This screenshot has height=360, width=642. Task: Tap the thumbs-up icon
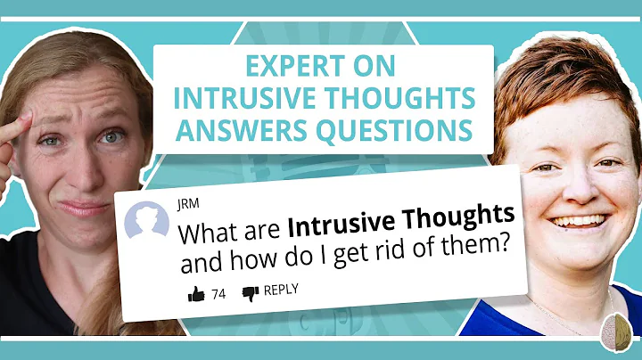point(196,293)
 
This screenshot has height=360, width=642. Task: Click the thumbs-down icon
point(251,291)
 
